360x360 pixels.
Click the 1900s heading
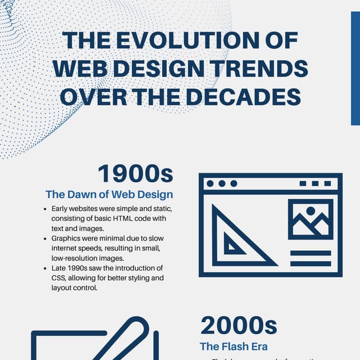click(x=135, y=174)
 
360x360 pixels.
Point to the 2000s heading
click(x=239, y=326)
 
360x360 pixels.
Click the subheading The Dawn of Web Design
click(x=109, y=195)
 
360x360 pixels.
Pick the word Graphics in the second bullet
click(x=67, y=238)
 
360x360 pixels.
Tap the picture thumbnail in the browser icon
click(x=310, y=219)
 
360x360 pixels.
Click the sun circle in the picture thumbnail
click(x=310, y=211)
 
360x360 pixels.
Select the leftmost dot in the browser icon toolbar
click(x=210, y=183)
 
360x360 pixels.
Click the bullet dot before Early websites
click(x=45, y=209)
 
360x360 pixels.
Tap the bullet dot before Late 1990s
click(x=45, y=268)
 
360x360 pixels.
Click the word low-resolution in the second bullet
click(x=76, y=258)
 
